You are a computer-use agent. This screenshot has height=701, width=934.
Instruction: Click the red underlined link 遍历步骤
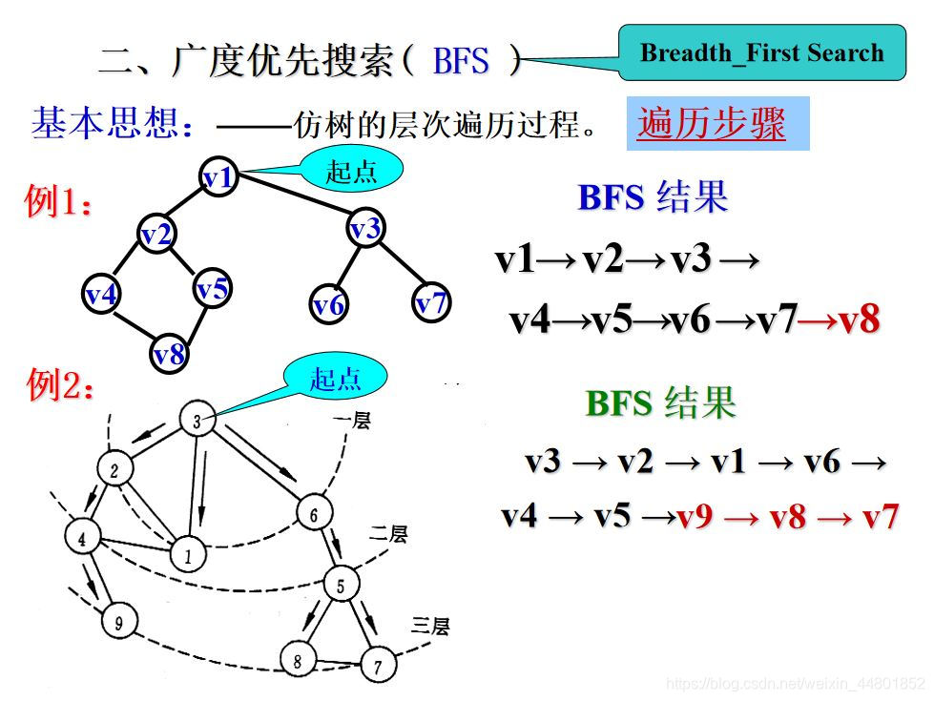point(712,124)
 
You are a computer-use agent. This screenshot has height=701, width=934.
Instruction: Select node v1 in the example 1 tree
point(218,176)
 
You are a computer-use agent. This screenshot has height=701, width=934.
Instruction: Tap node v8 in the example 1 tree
point(170,354)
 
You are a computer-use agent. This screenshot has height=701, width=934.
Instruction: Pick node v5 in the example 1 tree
point(213,288)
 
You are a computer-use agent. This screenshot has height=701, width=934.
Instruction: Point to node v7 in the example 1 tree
point(431,303)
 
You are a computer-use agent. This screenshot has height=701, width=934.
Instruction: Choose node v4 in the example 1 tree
point(101,294)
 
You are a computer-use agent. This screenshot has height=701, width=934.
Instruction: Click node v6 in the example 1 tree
point(328,305)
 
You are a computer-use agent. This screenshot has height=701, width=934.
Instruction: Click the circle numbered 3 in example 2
point(196,421)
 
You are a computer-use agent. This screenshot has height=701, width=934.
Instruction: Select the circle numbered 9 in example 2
point(118,624)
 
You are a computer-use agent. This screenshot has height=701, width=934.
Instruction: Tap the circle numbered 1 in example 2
point(187,553)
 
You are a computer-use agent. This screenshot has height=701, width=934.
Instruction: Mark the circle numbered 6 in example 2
point(314,515)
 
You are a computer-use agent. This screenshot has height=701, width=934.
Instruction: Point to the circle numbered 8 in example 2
point(297,658)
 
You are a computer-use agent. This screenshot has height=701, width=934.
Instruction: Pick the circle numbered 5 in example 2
point(341,583)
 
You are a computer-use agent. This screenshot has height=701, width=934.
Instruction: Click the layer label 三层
point(430,627)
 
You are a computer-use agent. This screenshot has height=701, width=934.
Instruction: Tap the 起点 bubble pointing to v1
point(352,171)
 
